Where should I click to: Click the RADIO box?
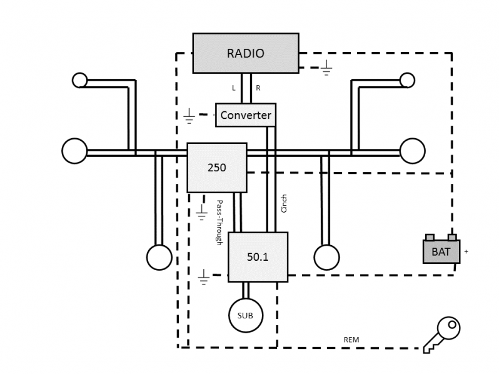coord(245,53)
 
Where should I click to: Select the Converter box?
coord(246,115)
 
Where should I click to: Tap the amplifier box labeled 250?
coord(216,168)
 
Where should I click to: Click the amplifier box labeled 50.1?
coord(258,256)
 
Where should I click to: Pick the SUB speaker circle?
coord(245,315)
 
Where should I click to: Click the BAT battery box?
coord(441,251)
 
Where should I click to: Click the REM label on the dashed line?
coord(351,340)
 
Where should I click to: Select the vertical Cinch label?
coord(285,204)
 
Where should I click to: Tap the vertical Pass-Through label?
coord(219,222)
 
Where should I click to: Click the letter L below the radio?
coord(234,88)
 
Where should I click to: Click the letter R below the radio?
coord(258,88)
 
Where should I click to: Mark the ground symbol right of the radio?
coord(326,68)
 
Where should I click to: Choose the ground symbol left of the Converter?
coord(189,116)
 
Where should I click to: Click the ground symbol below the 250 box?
coord(201,213)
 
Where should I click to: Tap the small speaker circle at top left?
coord(79,80)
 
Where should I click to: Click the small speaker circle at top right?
coord(407,80)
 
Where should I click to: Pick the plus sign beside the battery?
coord(466,251)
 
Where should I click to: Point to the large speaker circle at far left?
coord(74,151)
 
